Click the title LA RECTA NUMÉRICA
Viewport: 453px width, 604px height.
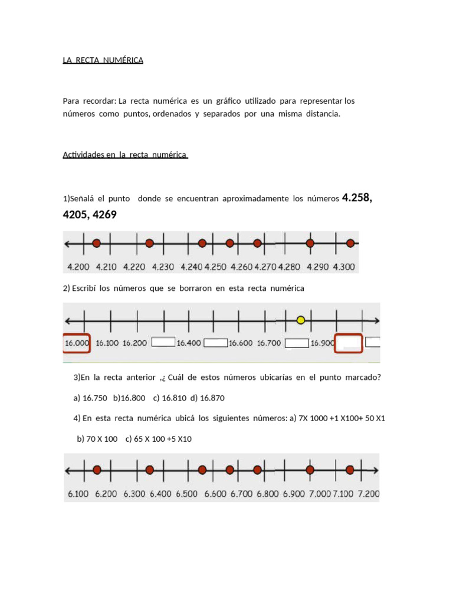coord(103,60)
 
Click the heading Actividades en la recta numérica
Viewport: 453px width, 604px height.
coord(125,155)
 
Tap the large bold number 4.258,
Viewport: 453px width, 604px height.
coord(357,198)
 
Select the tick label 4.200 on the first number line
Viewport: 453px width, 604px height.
coord(78,267)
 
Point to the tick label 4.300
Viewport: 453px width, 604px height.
coord(344,267)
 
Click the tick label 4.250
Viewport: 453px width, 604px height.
coord(215,267)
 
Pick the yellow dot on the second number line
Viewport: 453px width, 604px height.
coord(301,320)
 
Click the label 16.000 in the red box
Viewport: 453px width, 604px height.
coord(76,343)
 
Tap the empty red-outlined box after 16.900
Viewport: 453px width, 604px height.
coord(348,343)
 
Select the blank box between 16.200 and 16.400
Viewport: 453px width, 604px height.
coord(163,342)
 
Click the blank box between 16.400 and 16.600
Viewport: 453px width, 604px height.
coord(215,342)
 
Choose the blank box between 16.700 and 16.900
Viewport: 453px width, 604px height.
coord(297,343)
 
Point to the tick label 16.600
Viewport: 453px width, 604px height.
coord(241,343)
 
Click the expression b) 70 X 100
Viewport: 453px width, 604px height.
coord(97,439)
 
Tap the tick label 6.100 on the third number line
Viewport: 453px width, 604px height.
coord(78,494)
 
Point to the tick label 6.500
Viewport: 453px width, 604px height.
coord(186,494)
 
